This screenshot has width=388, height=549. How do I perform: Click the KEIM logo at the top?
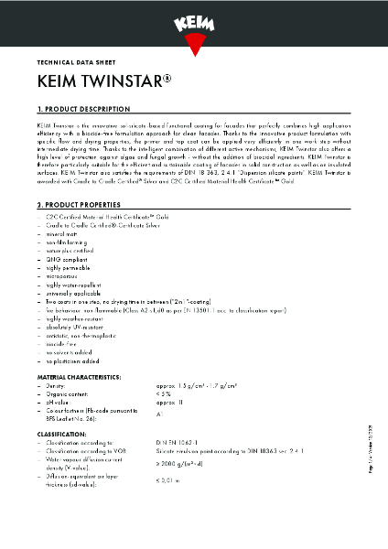[194, 19]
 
